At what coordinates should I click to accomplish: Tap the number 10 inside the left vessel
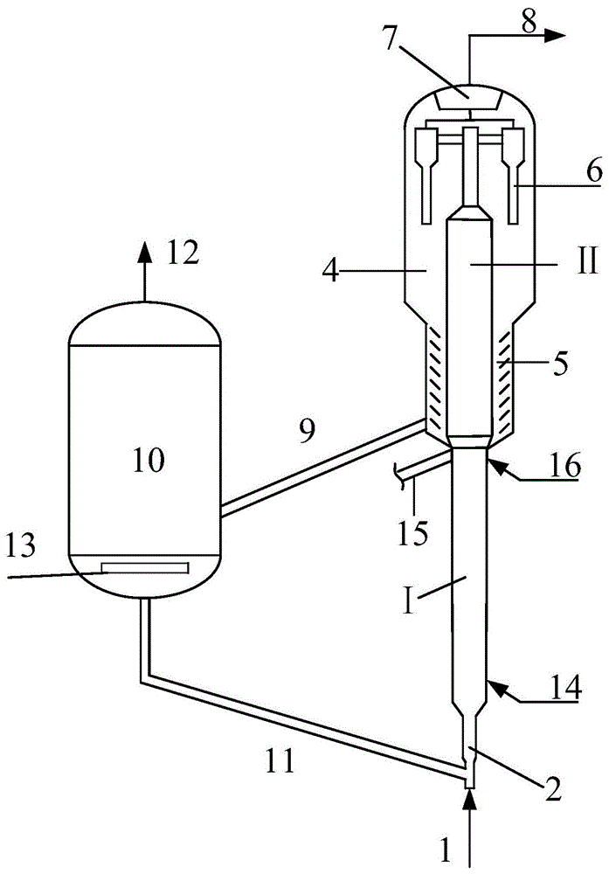click(x=148, y=459)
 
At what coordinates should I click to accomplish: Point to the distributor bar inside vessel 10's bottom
click(x=145, y=568)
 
